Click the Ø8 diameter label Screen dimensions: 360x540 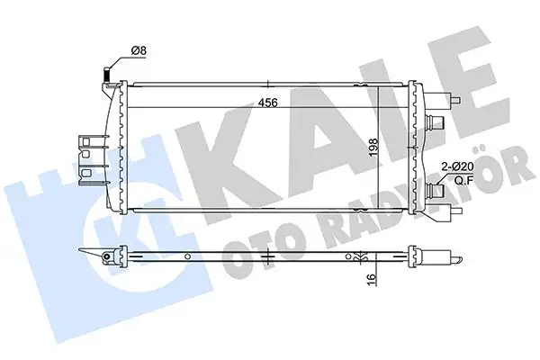click(x=139, y=50)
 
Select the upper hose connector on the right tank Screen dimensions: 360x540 click(x=439, y=123)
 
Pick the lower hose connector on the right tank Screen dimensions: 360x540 click(x=438, y=189)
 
